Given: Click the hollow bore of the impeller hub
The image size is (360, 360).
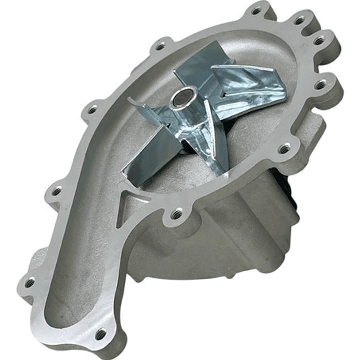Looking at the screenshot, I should pos(184,97).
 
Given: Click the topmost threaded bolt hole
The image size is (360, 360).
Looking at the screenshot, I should pos(256,11).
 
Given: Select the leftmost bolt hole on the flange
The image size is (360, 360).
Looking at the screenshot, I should pos(30,283).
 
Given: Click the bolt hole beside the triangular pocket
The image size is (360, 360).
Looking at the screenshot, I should pos(176,214).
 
